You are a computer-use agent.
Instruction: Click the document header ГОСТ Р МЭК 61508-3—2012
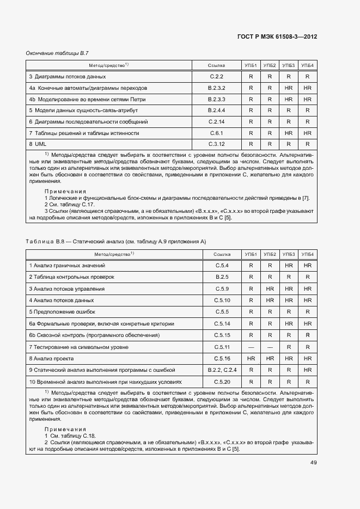point(277,36)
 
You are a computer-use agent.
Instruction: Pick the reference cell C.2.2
point(217,77)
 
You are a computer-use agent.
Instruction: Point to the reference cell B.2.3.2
point(217,88)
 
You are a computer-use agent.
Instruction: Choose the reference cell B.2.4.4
point(217,111)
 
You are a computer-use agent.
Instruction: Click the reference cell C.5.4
point(222,266)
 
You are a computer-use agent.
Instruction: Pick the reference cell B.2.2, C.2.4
point(222,370)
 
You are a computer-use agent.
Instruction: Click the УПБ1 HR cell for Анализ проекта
point(251,359)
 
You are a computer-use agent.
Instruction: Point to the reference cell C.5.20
point(222,382)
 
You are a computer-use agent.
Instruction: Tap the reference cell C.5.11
point(222,347)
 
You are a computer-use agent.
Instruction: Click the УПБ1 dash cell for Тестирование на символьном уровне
point(251,347)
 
